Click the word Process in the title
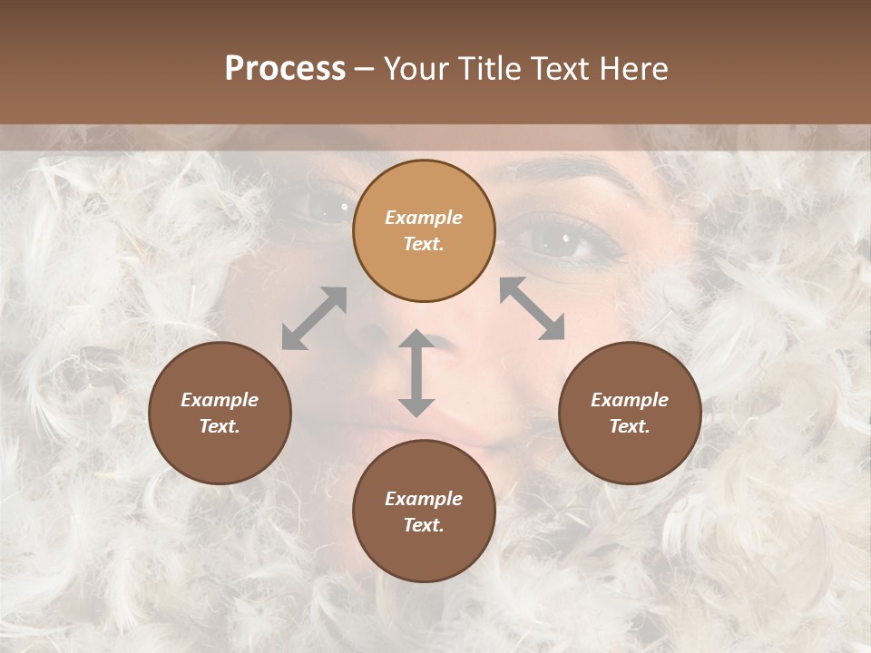pos(285,69)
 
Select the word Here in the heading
pos(632,69)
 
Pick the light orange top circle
pos(424,230)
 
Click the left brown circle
pos(220,413)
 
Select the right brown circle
pos(630,413)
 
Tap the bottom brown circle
pos(424,512)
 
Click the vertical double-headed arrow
pos(416,373)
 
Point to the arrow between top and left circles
pos(314,317)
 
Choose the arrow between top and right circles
pos(532,308)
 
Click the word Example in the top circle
pos(424,218)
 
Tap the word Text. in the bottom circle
pos(424,525)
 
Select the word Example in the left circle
pos(220,400)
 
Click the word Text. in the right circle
pos(630,426)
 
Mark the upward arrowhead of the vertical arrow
pos(416,339)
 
